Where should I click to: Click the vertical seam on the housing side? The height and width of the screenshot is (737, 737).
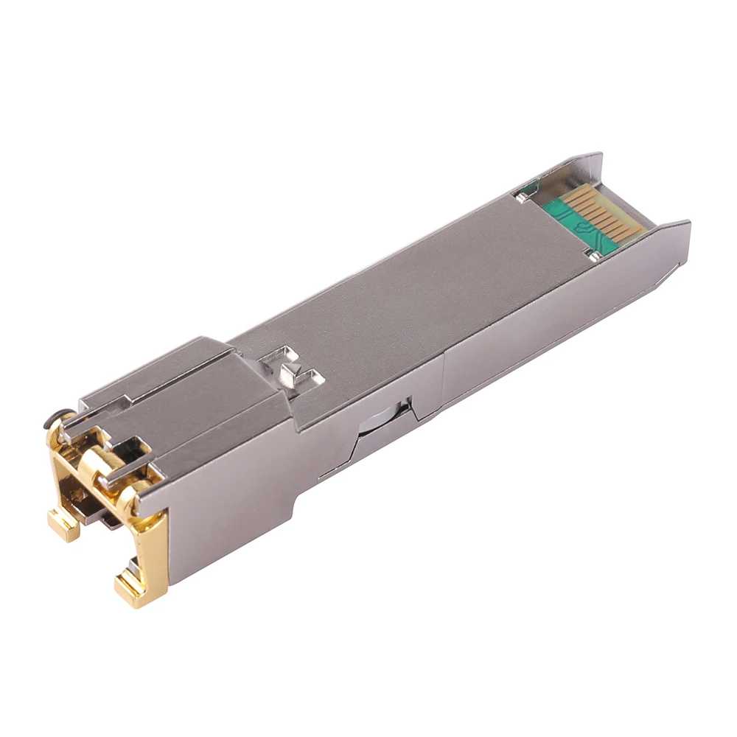(x=444, y=383)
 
